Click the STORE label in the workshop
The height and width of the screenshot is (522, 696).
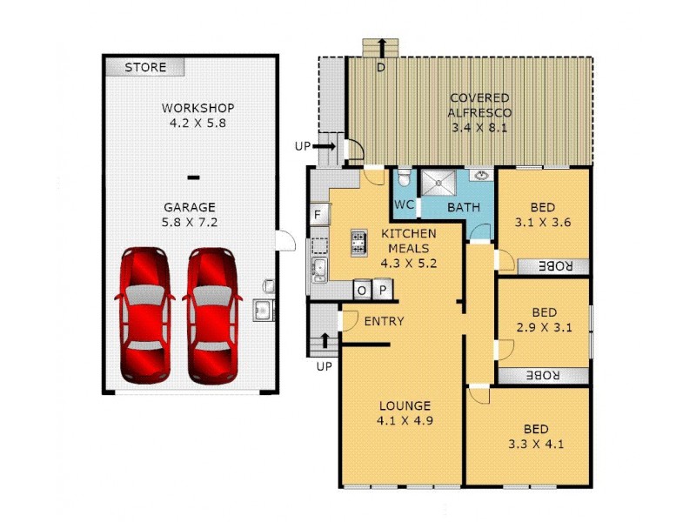pyautogui.click(x=145, y=67)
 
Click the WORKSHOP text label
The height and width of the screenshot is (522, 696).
pyautogui.click(x=197, y=109)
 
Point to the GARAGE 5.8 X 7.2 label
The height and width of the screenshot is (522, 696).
pyautogui.click(x=190, y=215)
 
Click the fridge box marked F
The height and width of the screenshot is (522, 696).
pyautogui.click(x=318, y=214)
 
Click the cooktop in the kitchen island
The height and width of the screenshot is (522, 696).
pyautogui.click(x=358, y=243)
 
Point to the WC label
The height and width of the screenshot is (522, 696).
pyautogui.click(x=404, y=205)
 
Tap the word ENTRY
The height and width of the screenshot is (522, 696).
pyautogui.click(x=384, y=321)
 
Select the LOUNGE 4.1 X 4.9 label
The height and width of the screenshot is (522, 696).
pyautogui.click(x=405, y=413)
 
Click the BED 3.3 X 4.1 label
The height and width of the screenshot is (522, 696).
pyautogui.click(x=536, y=436)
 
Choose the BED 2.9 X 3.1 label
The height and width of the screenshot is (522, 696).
pyautogui.click(x=544, y=320)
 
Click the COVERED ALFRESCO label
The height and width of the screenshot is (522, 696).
pyautogui.click(x=478, y=112)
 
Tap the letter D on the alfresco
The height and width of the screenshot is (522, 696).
pyautogui.click(x=380, y=67)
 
